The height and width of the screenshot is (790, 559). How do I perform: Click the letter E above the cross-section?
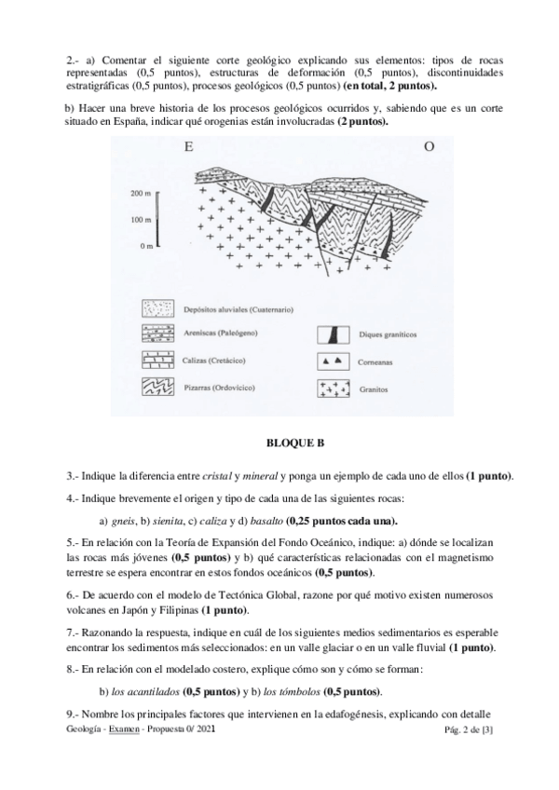click(189, 148)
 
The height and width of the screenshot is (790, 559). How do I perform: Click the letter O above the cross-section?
click(429, 148)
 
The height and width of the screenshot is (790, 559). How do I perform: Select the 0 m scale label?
click(143, 247)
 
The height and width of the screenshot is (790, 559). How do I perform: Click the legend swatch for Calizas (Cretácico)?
click(157, 360)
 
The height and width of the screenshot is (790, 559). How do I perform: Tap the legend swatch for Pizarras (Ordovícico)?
click(157, 386)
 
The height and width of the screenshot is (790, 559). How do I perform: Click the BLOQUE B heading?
click(279, 444)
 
